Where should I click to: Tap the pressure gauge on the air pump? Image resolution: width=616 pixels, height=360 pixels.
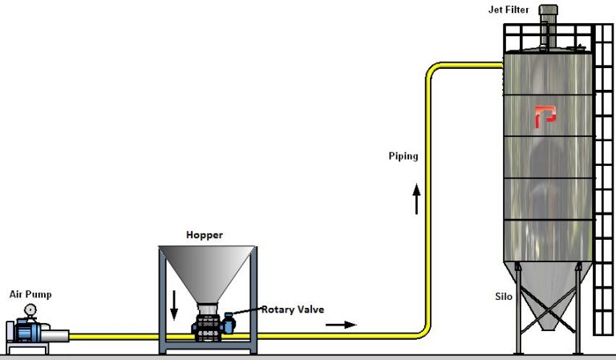[x=30, y=309]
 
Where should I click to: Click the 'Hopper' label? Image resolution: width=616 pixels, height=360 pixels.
[x=205, y=235]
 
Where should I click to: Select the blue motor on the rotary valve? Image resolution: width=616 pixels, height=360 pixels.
[x=229, y=323]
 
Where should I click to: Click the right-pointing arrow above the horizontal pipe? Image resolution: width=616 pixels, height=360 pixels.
[x=339, y=325]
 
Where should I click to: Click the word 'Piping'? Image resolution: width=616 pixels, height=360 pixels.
[x=403, y=156]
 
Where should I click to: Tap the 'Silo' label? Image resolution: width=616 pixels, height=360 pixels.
[x=503, y=296]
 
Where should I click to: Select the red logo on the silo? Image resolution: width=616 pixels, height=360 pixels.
[x=545, y=117]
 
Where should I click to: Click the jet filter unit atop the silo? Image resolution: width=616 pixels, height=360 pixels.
[x=548, y=24]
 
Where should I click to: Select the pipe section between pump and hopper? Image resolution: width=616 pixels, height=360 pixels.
[x=112, y=336]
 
